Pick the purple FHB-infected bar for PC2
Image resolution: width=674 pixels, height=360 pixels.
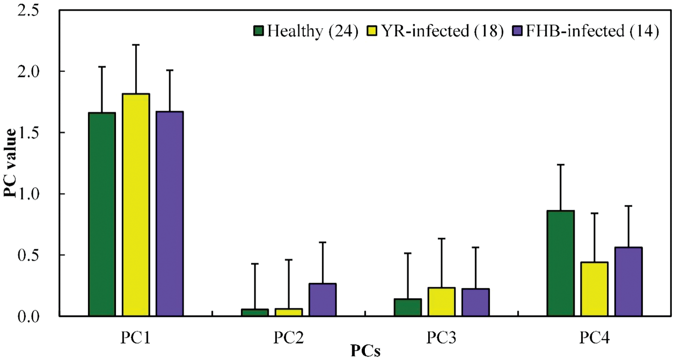(x=322, y=300)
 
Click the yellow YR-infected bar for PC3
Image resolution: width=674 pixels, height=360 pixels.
(x=441, y=302)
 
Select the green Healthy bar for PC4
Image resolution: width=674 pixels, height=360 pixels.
(x=560, y=263)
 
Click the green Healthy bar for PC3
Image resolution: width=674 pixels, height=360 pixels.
(x=408, y=307)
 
